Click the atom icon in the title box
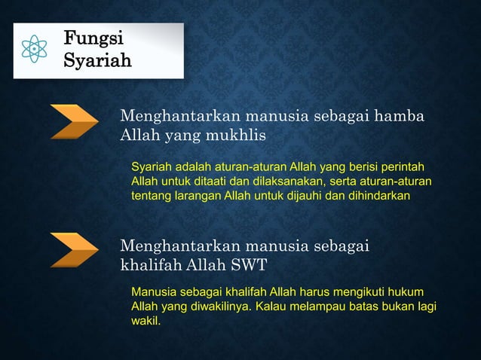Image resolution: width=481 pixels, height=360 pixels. tap(35, 50)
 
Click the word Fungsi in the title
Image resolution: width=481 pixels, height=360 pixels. tap(93, 38)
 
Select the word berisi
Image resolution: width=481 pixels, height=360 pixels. tap(356, 166)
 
